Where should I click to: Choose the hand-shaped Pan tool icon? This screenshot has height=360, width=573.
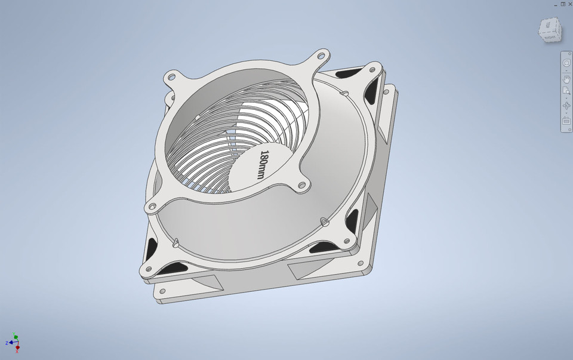point(566,79)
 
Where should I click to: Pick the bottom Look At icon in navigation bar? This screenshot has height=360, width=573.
point(566,121)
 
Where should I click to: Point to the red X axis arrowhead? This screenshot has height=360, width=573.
point(17,347)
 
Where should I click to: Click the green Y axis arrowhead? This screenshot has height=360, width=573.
point(16,336)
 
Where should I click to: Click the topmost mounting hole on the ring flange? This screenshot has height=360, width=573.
point(321,56)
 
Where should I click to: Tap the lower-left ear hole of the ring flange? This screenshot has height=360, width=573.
point(151,207)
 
